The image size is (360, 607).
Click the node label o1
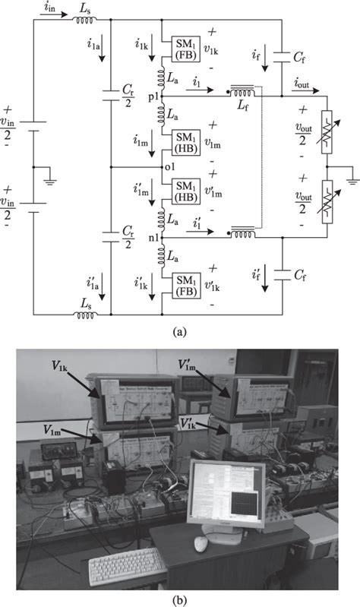[155, 166]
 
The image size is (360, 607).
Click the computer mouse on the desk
[201, 544]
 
